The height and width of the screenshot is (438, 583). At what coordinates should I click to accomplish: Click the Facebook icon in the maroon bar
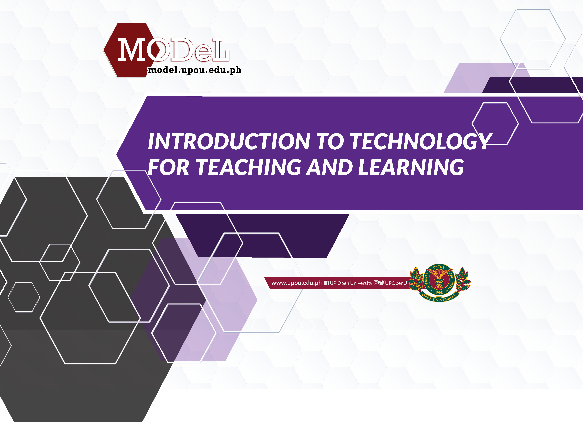(x=327, y=283)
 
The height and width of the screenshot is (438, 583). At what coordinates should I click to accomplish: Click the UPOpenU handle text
(x=396, y=283)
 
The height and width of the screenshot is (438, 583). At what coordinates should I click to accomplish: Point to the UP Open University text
(x=351, y=283)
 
